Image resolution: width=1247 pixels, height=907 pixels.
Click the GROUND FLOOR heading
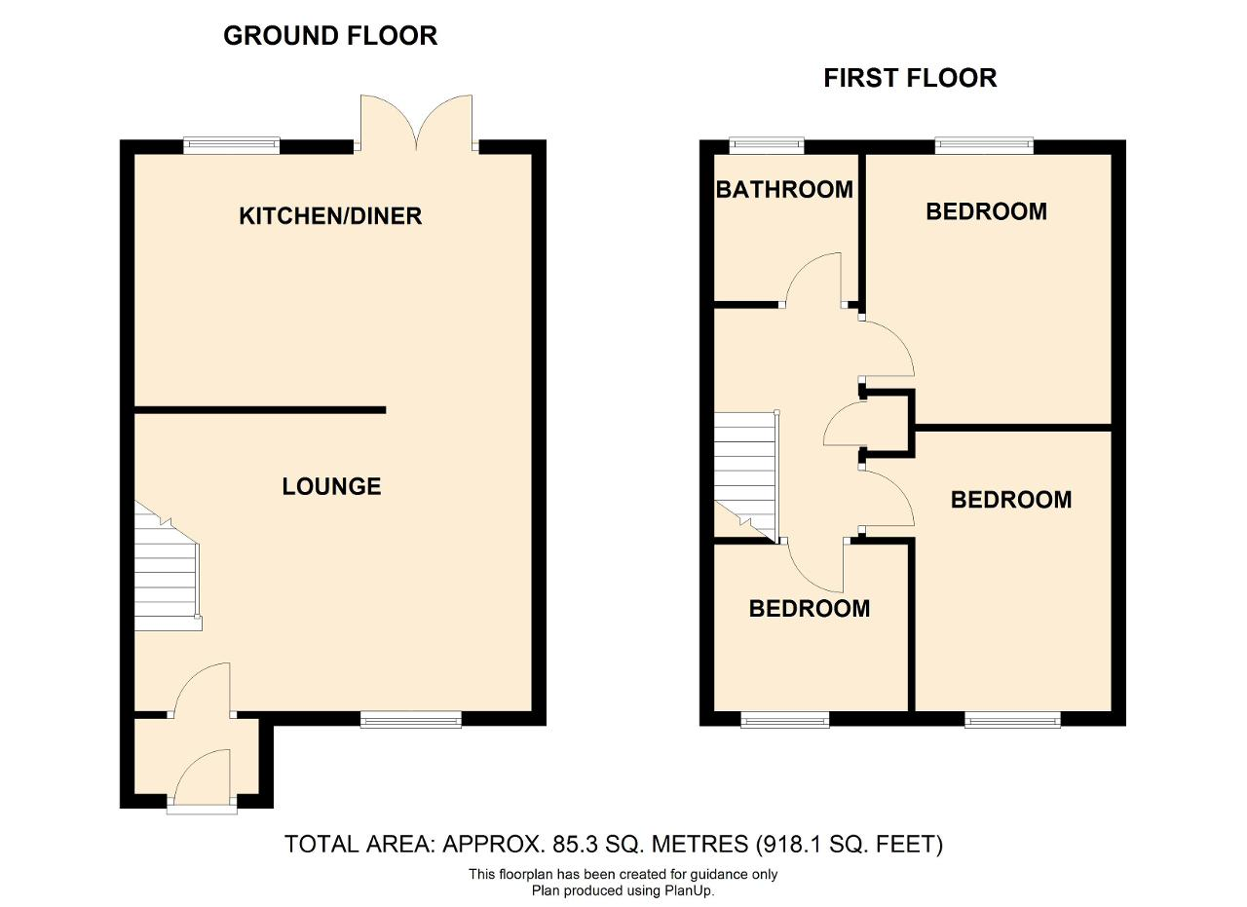330,36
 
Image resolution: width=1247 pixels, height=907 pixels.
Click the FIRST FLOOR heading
910,78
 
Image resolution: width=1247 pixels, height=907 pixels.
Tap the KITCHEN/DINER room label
330,216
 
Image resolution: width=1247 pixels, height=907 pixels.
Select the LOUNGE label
331,487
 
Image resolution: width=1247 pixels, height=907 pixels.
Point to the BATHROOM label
784,190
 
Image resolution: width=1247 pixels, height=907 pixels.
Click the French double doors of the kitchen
416,123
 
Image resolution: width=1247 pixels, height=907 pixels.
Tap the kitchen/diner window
232,146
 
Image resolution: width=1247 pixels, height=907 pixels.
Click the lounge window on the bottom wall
411,719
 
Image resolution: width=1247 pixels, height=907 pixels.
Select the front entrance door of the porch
202,780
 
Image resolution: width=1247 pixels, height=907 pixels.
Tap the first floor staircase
746,477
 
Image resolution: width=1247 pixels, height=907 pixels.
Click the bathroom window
767,146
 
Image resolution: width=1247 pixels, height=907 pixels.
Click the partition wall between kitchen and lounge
260,410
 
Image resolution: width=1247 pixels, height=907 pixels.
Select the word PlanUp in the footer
688,890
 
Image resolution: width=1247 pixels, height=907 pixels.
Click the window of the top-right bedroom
984,146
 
